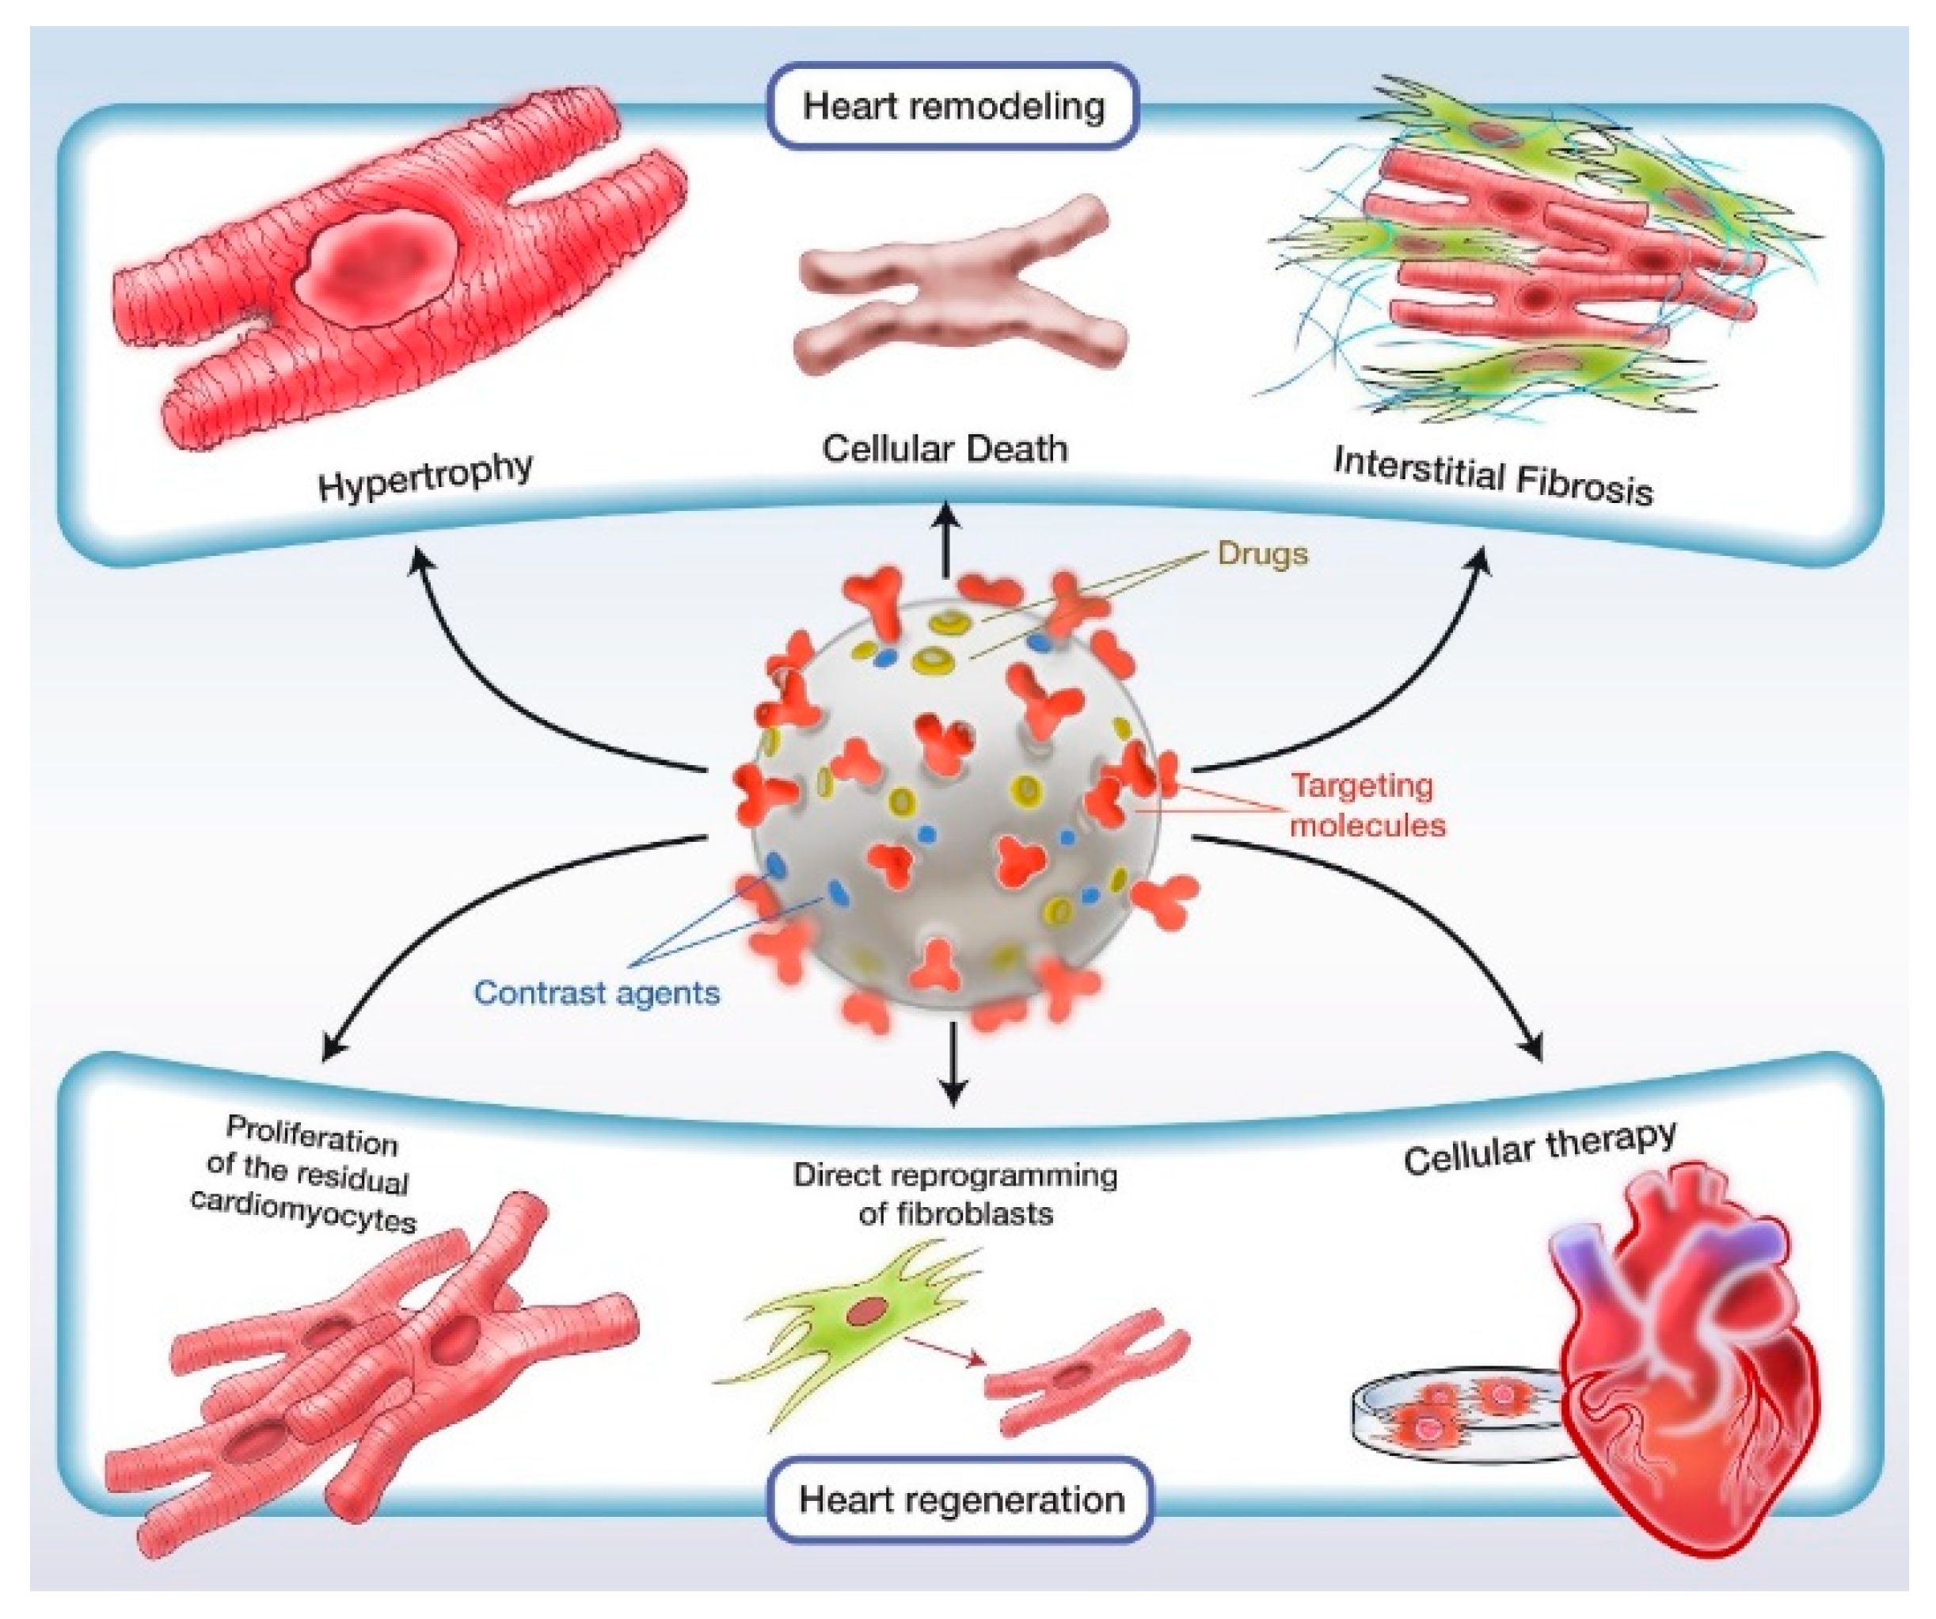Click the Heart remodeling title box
(x=953, y=106)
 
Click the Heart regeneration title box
(x=960, y=1500)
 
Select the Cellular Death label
(x=945, y=449)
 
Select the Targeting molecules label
(x=1366, y=805)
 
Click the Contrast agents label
(x=596, y=993)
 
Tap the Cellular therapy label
(x=1539, y=1148)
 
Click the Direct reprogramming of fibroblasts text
(x=955, y=1194)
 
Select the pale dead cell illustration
(x=959, y=286)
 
